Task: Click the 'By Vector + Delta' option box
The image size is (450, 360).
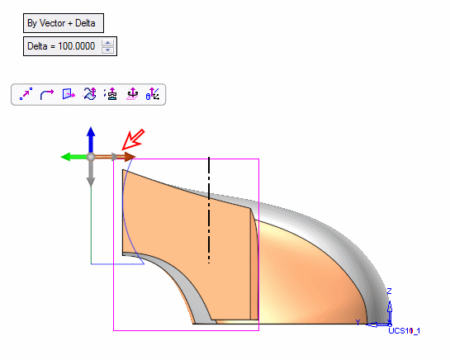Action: point(64,23)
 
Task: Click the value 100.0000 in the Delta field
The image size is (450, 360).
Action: point(76,46)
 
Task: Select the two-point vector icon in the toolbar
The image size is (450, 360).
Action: point(26,94)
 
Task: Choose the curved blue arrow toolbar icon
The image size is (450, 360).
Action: point(47,94)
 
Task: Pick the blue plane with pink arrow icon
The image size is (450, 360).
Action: point(69,94)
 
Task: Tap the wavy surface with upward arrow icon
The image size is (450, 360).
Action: point(89,94)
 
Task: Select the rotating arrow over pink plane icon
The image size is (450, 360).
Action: point(132,94)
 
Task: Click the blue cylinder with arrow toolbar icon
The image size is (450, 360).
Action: point(153,94)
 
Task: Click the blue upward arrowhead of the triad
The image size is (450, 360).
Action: point(91,131)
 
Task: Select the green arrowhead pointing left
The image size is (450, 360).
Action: point(65,157)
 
